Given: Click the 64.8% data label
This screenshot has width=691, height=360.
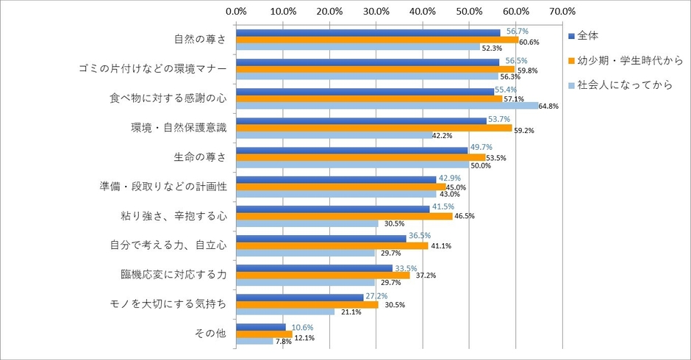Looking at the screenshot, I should (548, 107).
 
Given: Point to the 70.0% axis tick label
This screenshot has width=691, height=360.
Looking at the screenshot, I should (562, 11).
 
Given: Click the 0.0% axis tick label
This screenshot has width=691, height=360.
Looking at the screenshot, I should (236, 11).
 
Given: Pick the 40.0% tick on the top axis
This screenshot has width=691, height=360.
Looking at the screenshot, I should (423, 11).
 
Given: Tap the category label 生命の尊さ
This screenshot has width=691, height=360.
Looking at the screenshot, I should (201, 156).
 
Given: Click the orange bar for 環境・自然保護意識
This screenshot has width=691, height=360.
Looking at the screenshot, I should (373, 128).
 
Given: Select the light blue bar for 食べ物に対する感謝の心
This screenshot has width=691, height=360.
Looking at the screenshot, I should (387, 106).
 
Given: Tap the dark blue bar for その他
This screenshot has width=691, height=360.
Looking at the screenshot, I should (260, 326).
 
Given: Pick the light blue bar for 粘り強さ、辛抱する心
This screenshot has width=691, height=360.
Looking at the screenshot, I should (307, 223).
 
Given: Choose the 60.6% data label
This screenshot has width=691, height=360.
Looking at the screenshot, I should (529, 40).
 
